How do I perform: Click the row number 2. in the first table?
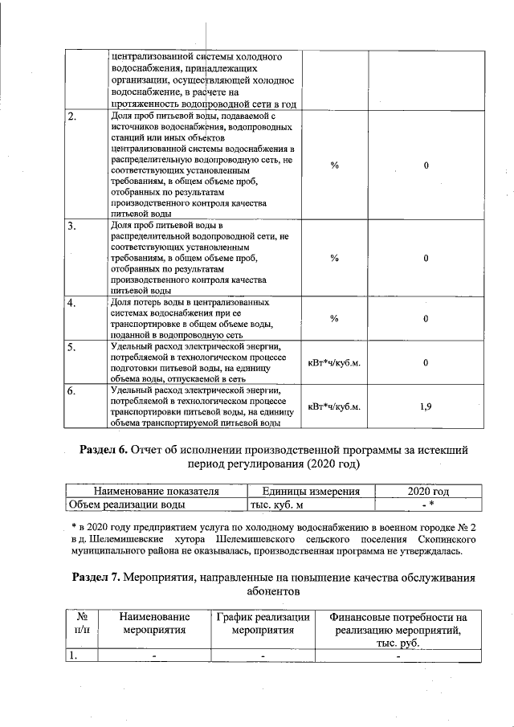(x=72, y=117)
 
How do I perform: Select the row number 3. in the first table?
(x=72, y=227)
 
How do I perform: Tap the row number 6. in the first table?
(x=72, y=392)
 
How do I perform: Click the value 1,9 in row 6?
(x=426, y=407)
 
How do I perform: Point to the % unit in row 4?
(x=335, y=319)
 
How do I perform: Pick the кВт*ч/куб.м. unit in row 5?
(x=335, y=363)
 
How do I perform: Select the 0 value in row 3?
(x=426, y=259)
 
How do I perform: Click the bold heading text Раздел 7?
(x=97, y=578)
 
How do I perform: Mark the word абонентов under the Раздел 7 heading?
(x=271, y=592)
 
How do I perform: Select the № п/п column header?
(x=81, y=624)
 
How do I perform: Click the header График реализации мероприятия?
(x=263, y=624)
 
